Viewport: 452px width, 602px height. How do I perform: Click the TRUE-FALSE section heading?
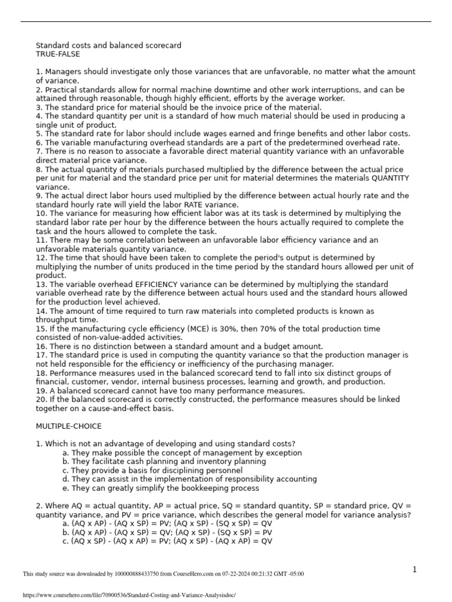tap(58, 54)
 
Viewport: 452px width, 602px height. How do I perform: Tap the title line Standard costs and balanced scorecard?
tap(108, 45)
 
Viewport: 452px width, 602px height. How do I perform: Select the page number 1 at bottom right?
tap(414, 569)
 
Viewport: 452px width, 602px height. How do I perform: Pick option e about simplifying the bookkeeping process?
tap(160, 488)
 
